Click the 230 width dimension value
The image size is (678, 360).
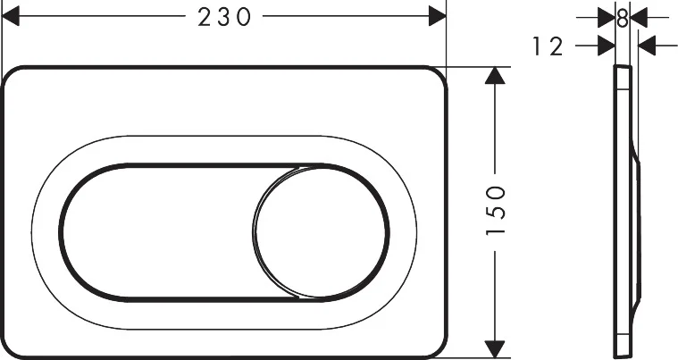222,17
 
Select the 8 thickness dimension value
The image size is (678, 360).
623,17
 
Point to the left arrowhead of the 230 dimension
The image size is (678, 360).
12,16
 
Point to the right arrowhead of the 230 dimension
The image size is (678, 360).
436,16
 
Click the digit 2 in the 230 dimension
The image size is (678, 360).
204,17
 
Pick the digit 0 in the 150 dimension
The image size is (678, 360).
497,191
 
